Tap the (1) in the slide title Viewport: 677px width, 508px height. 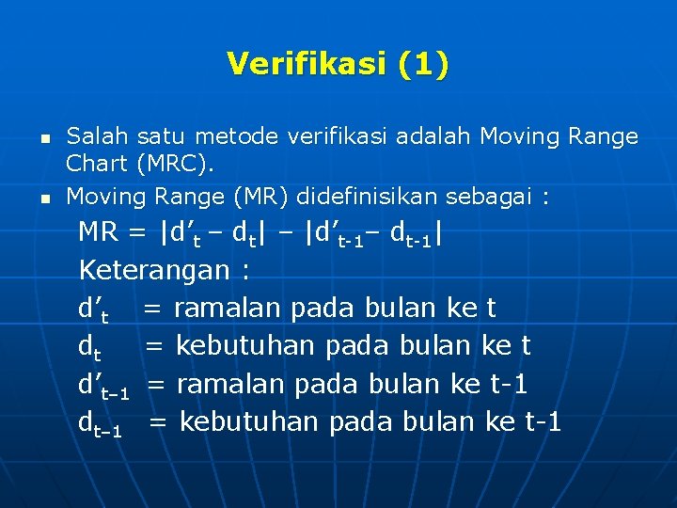tap(423, 64)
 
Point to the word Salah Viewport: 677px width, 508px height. tap(91, 136)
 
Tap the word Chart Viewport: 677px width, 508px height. tap(96, 164)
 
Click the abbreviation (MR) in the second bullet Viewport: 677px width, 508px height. tap(268, 197)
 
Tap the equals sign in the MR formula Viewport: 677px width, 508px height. tap(140, 232)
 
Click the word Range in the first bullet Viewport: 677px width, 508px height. tap(603, 136)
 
